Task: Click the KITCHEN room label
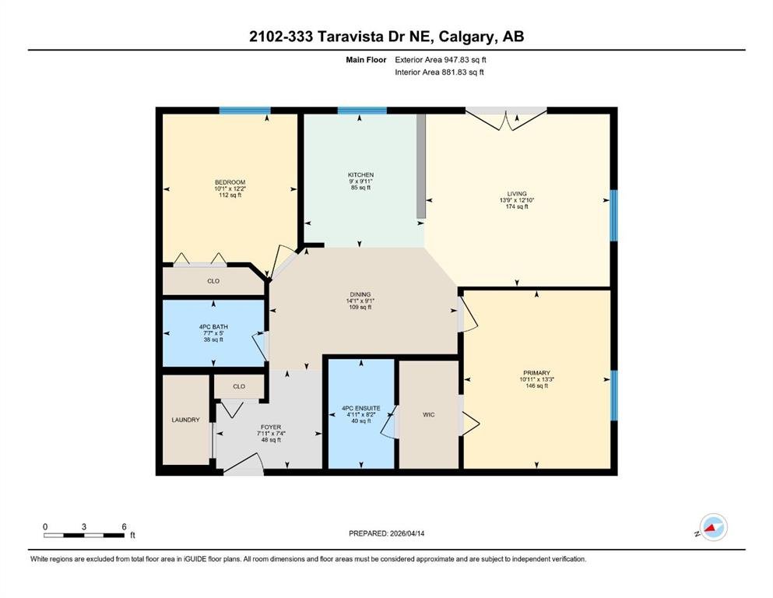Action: click(361, 175)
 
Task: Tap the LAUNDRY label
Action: click(185, 420)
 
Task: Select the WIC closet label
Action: click(429, 415)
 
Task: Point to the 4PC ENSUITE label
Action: click(361, 409)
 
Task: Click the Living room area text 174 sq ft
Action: click(517, 207)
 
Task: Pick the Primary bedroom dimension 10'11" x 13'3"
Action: click(536, 380)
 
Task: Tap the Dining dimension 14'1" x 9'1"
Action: click(360, 301)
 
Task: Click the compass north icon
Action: click(713, 527)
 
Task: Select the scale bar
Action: click(84, 535)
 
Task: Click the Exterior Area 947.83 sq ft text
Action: click(441, 60)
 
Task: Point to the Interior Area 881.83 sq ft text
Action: click(439, 72)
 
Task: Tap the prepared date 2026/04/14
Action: click(407, 533)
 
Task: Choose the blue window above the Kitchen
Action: click(362, 111)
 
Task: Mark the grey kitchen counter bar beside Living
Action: click(421, 166)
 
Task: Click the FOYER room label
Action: click(271, 427)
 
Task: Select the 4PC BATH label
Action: click(213, 327)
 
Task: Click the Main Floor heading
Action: click(366, 60)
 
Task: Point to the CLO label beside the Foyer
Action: click(239, 386)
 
